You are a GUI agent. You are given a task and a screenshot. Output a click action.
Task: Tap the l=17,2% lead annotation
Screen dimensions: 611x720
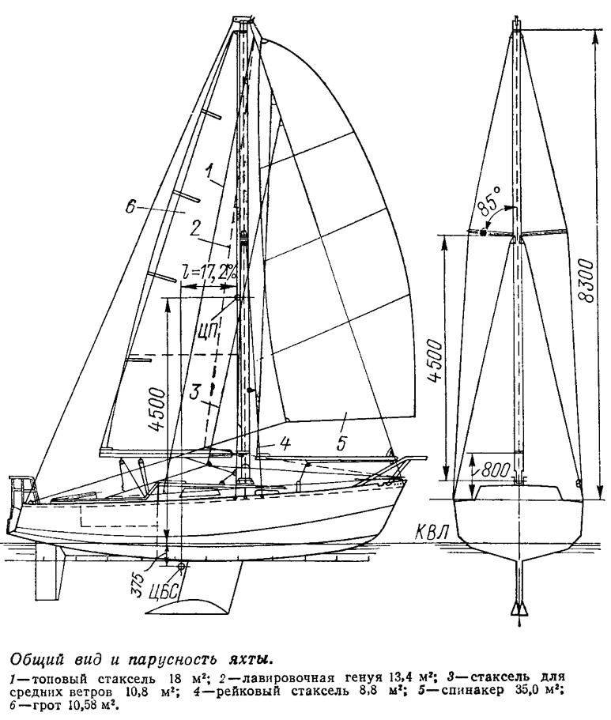tap(208, 274)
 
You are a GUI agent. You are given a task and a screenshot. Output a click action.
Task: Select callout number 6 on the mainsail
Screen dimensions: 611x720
tap(130, 208)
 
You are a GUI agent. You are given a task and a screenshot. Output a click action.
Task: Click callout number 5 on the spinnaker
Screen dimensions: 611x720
tap(341, 443)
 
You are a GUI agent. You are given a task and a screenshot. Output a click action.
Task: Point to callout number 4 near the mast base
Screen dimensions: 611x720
tap(285, 443)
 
